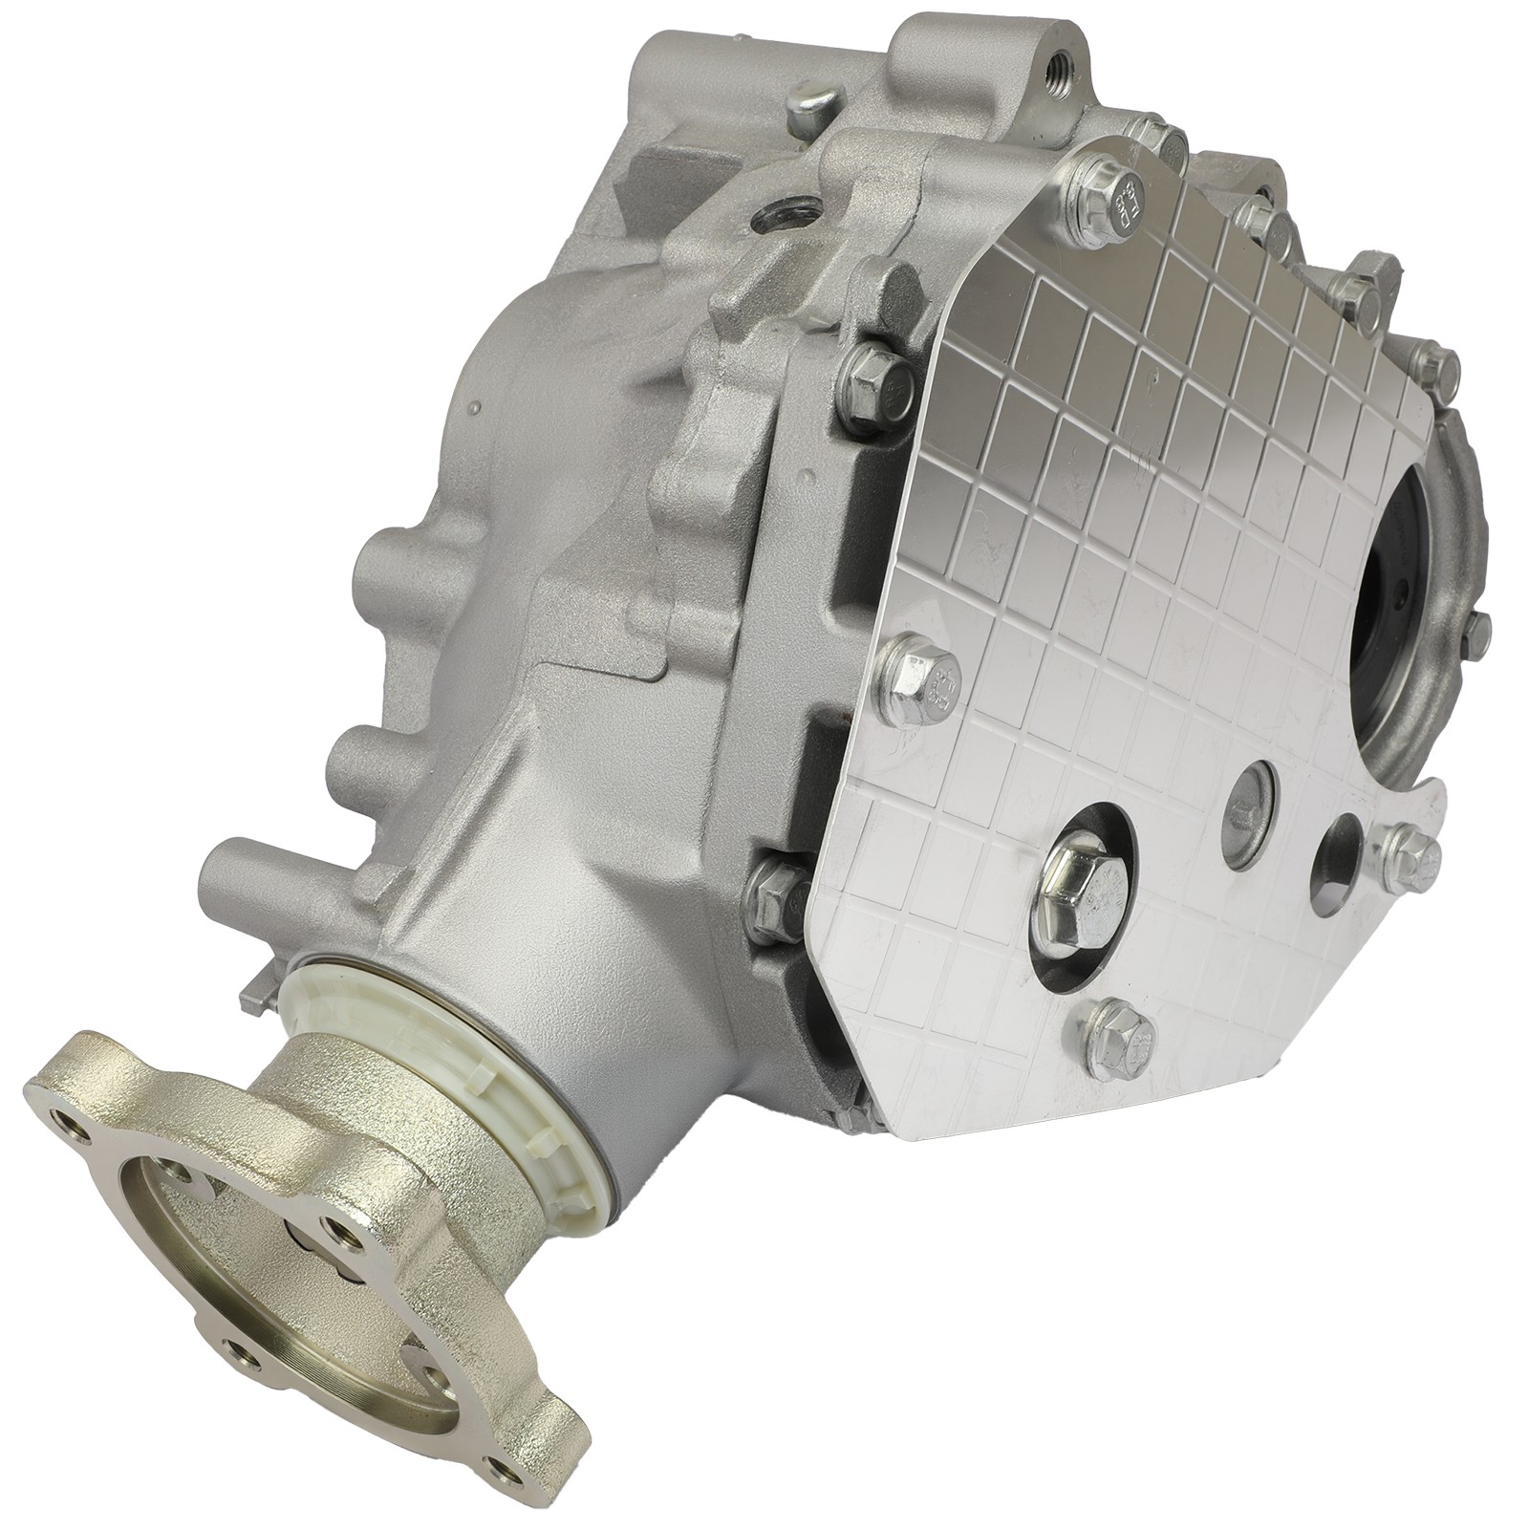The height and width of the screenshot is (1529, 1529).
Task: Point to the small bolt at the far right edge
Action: (x=1475, y=626)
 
